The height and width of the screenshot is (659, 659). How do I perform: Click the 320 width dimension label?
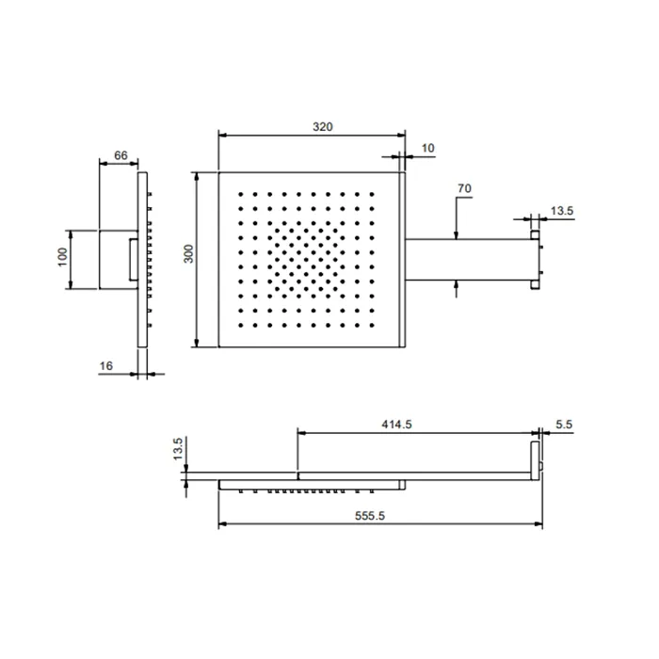322,126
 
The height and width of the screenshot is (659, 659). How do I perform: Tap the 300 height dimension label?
189,254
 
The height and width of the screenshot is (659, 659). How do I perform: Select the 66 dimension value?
121,155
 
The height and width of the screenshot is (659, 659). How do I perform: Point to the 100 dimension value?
62,257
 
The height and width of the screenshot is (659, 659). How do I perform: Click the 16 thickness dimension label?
105,366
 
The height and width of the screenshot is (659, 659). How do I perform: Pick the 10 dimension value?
427,149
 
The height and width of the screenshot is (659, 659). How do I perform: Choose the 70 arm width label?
464,188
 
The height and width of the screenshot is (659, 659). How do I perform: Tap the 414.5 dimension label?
396,425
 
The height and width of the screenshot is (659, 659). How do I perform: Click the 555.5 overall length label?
370,516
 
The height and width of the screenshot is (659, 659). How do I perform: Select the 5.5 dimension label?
564,425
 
